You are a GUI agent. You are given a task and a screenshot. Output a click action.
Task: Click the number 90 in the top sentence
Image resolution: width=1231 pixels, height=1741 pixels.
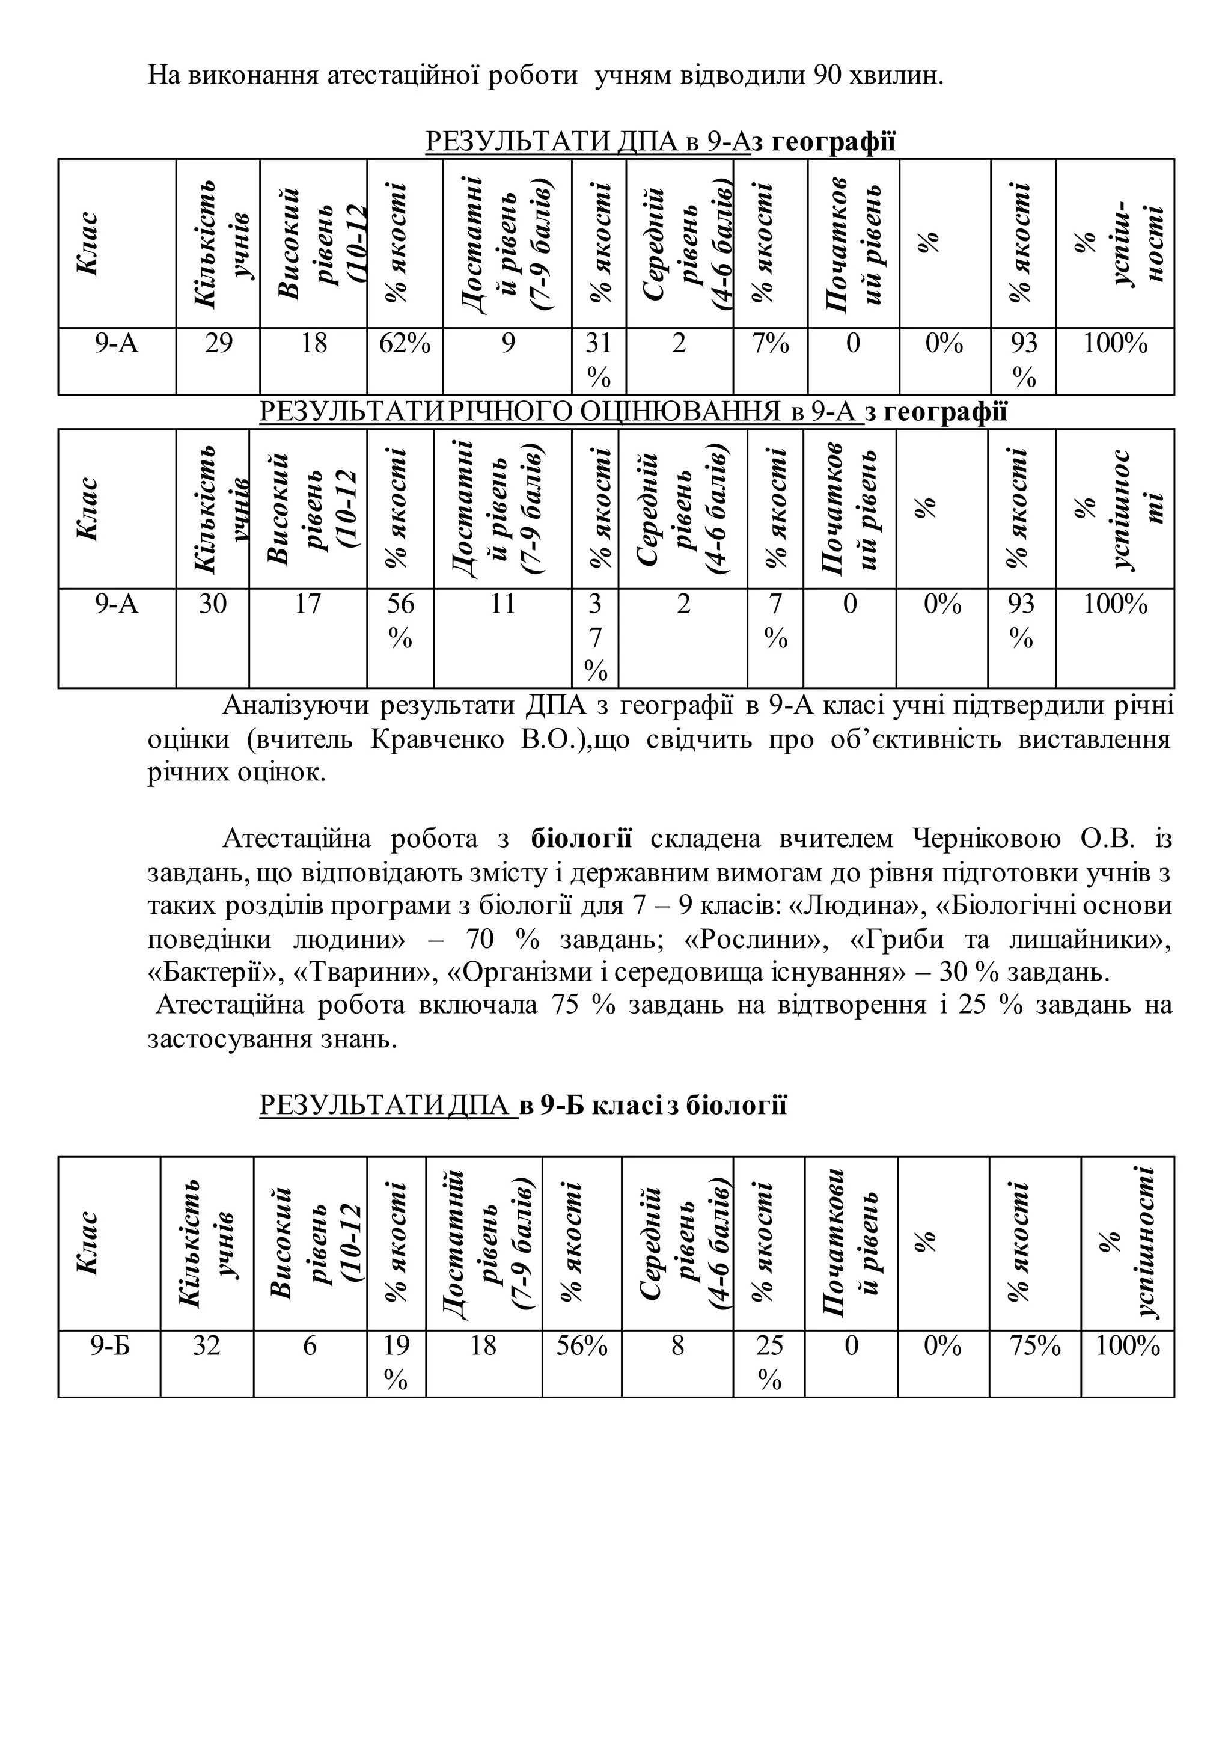coord(827,76)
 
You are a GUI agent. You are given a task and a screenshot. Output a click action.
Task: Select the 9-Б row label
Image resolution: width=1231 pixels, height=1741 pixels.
coord(110,1346)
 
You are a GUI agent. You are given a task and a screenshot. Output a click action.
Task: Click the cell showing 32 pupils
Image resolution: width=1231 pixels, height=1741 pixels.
coord(206,1346)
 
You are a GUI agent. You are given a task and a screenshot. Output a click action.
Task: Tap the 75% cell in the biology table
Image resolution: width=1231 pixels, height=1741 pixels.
coord(1034,1346)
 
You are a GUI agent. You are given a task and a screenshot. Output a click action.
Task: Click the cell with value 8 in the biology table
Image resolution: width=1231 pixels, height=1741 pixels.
coord(677,1346)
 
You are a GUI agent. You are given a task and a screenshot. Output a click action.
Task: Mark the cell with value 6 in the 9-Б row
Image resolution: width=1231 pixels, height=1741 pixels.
coord(310,1346)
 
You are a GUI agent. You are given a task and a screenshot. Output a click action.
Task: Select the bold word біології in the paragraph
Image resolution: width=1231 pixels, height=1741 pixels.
coord(581,839)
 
